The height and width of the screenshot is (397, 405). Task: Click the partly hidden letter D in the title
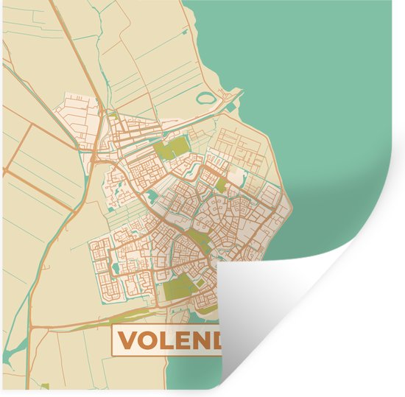coord(221,340)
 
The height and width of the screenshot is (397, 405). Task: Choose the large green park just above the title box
coord(179,289)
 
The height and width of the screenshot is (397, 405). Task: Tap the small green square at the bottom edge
coord(44,386)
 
